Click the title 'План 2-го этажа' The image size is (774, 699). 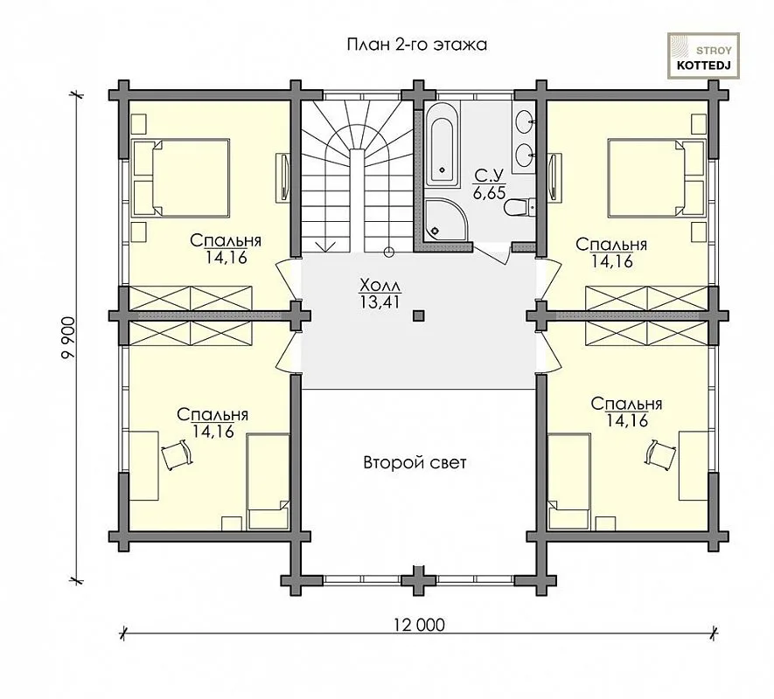(417, 45)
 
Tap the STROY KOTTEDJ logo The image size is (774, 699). (703, 56)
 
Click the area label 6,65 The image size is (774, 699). (489, 193)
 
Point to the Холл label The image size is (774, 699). (380, 286)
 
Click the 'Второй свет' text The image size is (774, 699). (415, 463)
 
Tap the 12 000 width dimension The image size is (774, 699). (419, 625)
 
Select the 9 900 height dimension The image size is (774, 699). (69, 337)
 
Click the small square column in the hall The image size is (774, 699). (419, 315)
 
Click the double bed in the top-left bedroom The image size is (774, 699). (181, 177)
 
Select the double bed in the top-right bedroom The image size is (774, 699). (657, 177)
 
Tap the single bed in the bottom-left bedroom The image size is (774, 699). (268, 482)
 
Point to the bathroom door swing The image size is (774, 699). (492, 253)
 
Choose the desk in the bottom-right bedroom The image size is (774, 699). (694, 465)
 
